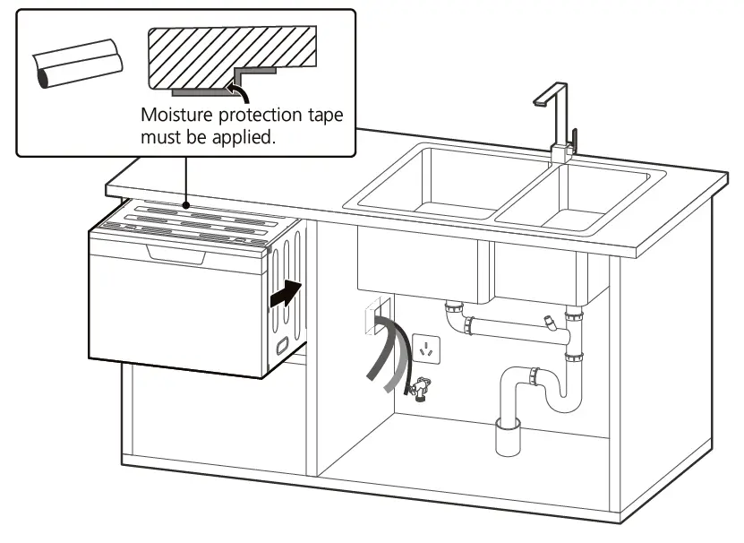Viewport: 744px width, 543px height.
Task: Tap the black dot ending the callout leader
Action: (185, 203)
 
